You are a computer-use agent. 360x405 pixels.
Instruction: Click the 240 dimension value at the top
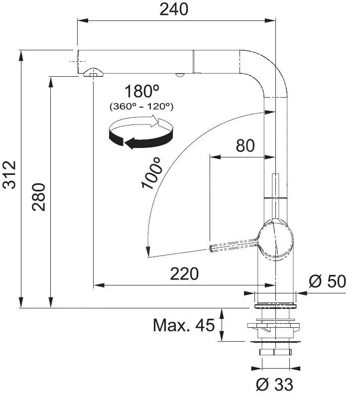click(174, 9)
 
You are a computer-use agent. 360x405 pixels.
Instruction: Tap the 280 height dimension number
click(39, 197)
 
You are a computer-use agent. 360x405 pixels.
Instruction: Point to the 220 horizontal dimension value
click(184, 273)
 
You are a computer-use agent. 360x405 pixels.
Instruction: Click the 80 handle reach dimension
click(244, 145)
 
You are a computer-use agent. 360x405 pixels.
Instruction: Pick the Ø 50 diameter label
click(327, 281)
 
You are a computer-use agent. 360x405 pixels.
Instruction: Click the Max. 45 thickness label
click(183, 326)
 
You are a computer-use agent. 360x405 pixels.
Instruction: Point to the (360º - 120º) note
click(141, 106)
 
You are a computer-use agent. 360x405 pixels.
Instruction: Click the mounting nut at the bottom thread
click(274, 352)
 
